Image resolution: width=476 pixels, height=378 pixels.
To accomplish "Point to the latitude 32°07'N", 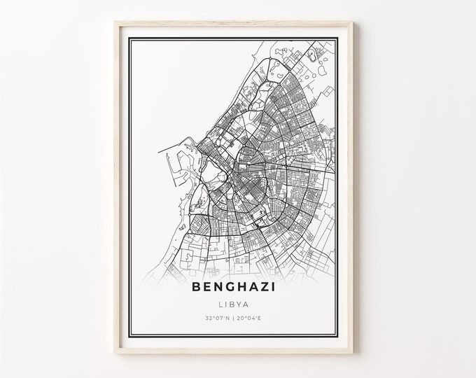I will click(219, 318).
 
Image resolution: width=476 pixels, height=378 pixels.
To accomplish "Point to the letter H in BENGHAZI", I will click(240, 286).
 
